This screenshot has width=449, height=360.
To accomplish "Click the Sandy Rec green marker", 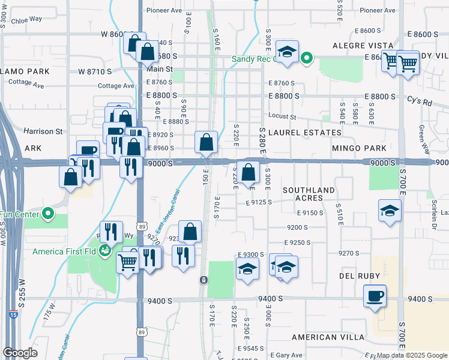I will coord(306,59).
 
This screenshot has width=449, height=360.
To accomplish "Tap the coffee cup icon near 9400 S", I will coord(375,296).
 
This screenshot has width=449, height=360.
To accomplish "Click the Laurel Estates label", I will coord(305,132).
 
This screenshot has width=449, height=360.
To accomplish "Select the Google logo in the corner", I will coord(20,353).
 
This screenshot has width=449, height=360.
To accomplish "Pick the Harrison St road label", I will coord(43,131).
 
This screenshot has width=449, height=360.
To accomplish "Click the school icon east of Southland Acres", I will coord(390,211).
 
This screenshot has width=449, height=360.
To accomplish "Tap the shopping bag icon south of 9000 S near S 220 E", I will coord(248,173).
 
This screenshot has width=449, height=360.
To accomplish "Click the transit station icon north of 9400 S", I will coord(203,280).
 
